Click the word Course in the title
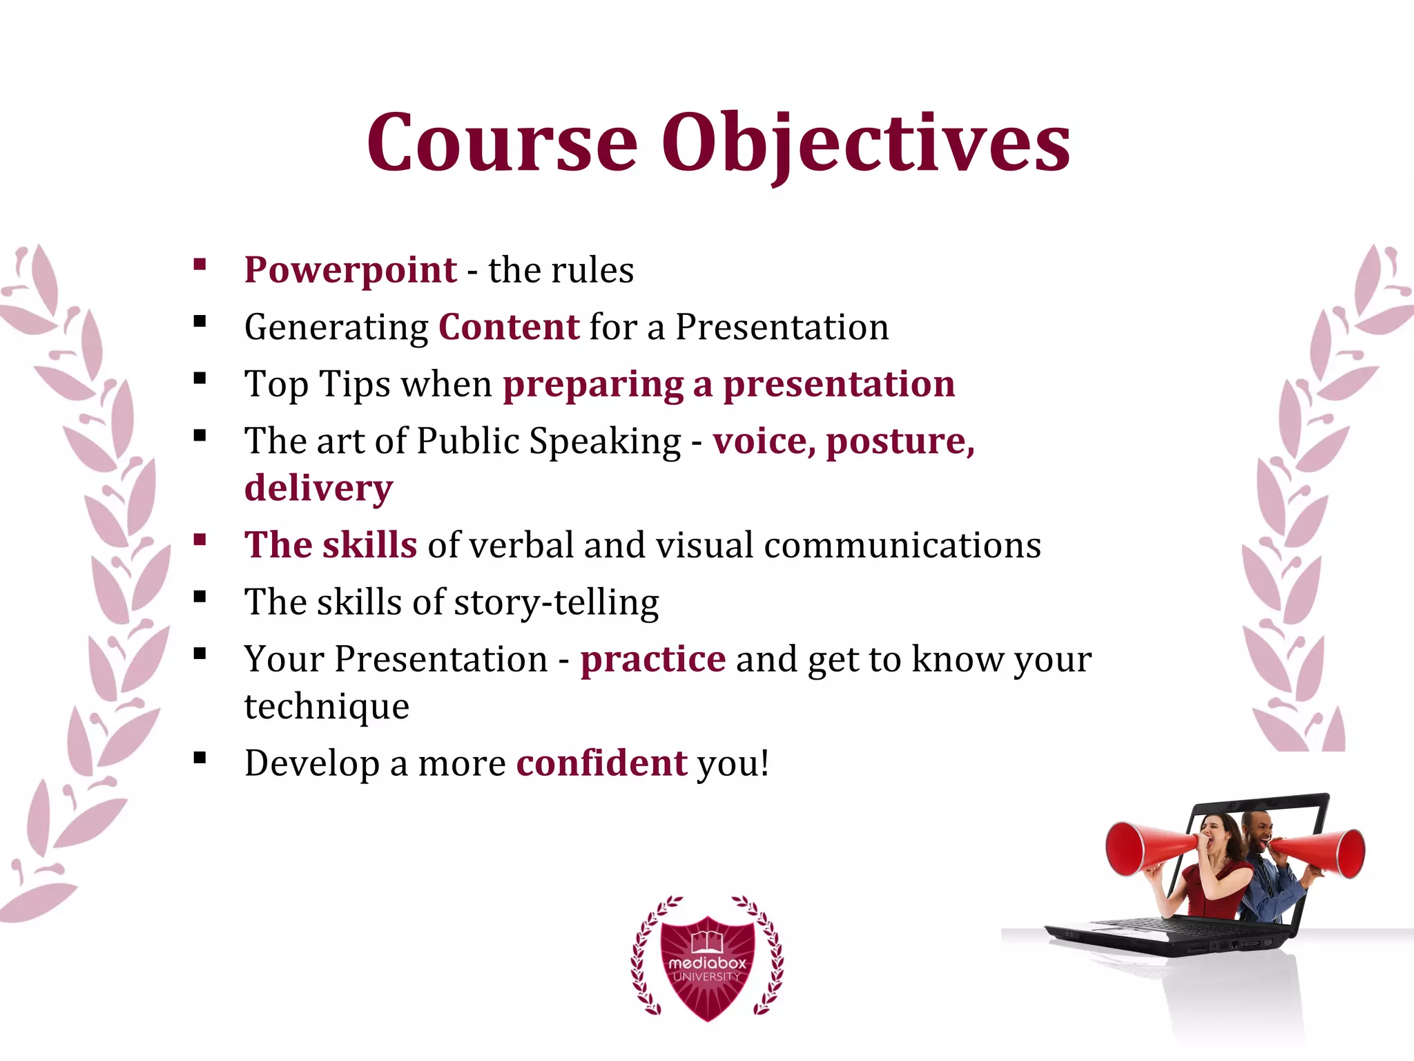tap(502, 143)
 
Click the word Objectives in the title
tap(866, 143)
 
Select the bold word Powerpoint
tap(350, 269)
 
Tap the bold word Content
tap(509, 327)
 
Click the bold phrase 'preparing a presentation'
tap(728, 384)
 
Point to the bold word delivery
tap(318, 488)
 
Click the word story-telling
tap(556, 602)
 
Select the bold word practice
tap(652, 659)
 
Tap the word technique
tap(327, 707)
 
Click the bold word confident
tap(601, 763)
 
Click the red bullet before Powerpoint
tap(200, 264)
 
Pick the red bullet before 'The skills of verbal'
tap(200, 539)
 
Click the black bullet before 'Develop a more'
tap(200, 758)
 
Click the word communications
tap(902, 545)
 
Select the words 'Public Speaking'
tap(549, 441)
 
